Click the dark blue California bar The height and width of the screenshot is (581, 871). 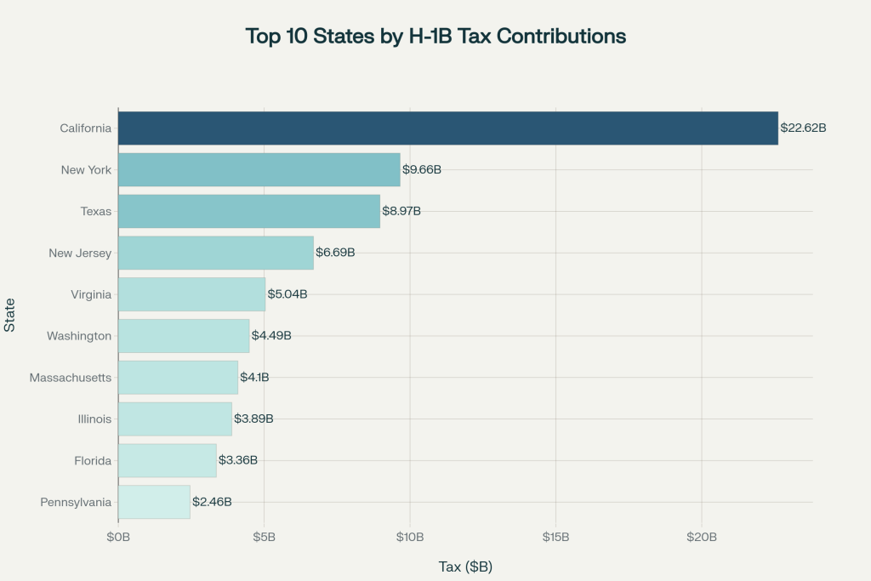[x=447, y=128]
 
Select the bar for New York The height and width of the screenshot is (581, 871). [x=259, y=169]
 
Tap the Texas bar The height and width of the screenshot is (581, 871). [x=248, y=211]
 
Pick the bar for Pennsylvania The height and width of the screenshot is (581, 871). [x=154, y=502]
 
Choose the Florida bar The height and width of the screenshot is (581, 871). [x=167, y=460]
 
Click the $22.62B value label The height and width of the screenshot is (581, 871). [x=804, y=128]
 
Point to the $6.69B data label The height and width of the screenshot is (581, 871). [x=335, y=253]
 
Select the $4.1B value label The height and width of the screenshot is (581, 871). [x=254, y=377]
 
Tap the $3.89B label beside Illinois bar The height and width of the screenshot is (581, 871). [x=253, y=419]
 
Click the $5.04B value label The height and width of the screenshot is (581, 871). [x=287, y=294]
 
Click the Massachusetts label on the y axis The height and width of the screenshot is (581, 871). [x=70, y=377]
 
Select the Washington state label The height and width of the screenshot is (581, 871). [x=79, y=336]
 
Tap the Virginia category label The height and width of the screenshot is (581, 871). [x=91, y=294]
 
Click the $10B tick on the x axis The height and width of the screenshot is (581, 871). [x=410, y=537]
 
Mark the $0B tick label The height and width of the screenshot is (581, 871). [x=118, y=537]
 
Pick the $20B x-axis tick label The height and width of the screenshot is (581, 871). [x=702, y=537]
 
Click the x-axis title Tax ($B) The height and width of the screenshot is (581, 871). [x=465, y=567]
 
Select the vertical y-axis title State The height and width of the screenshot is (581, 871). [x=9, y=315]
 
